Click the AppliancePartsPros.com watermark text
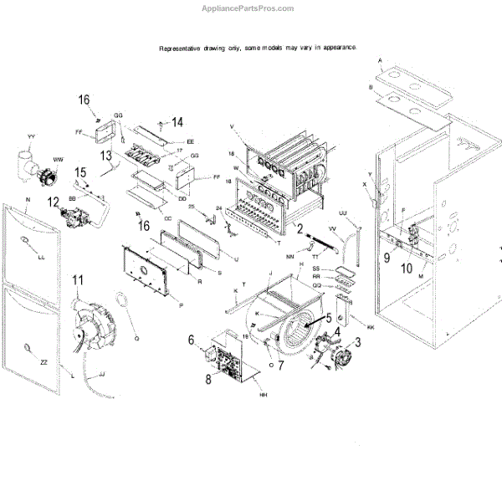(x=248, y=8)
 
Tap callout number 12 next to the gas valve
(x=54, y=202)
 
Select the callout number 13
(x=105, y=155)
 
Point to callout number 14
(x=177, y=122)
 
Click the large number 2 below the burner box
(x=300, y=227)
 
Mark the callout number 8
(x=207, y=379)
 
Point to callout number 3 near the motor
(x=358, y=341)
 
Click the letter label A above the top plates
(x=380, y=61)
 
